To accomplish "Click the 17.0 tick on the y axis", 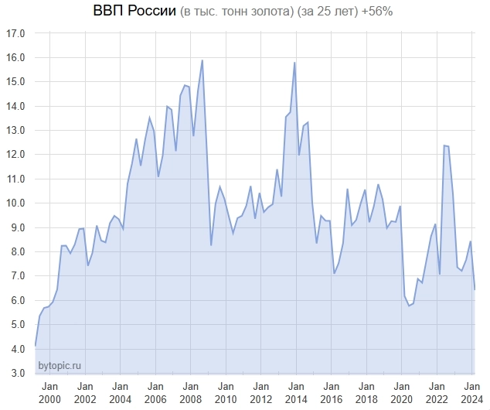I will (x=16, y=34).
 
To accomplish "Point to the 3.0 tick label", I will (x=16, y=374).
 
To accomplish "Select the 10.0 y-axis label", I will (x=16, y=203).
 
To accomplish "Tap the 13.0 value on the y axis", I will (x=16, y=131).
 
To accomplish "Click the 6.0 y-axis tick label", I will (x=16, y=301).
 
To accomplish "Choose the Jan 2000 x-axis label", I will (x=49, y=392).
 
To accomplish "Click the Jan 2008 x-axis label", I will (x=190, y=392).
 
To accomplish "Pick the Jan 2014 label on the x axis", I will (x=296, y=392).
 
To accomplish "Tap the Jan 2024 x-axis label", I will (x=470, y=392).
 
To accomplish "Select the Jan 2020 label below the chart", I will (x=401, y=392).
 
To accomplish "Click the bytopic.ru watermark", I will (x=60, y=365).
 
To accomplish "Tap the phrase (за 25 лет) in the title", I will (x=324, y=12).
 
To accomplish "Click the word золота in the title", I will (x=264, y=12).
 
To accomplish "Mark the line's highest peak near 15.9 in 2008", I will (x=202, y=60).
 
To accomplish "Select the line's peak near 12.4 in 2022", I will (x=444, y=145).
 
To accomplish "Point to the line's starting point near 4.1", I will (x=36, y=346).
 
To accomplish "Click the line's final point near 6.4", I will (x=475, y=289).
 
